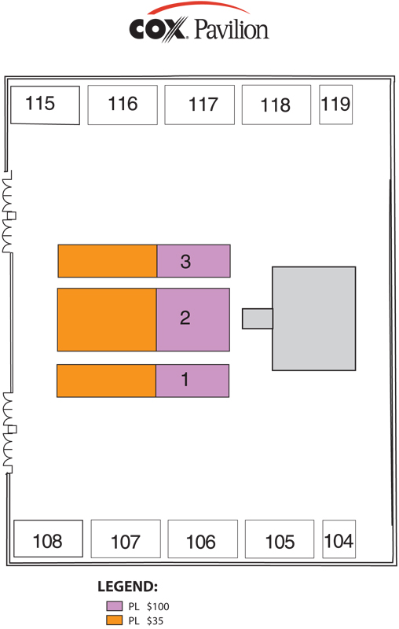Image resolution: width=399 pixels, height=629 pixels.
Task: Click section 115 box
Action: pos(45,105)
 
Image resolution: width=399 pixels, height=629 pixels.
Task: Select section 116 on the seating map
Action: pos(123,105)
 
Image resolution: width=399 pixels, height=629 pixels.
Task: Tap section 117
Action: pos(199,105)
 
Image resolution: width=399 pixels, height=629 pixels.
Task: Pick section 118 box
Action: pos(276,105)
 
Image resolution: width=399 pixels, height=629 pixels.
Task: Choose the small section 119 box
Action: pos(335,105)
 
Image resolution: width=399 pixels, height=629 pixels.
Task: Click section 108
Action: pos(49,539)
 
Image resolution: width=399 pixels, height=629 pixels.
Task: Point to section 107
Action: pos(126,539)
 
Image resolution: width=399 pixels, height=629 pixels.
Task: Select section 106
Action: pos(203,539)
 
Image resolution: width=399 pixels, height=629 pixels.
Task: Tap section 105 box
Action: pos(280,539)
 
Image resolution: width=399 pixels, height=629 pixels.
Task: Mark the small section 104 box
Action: pos(339,539)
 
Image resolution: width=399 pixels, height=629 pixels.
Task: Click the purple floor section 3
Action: pos(193,261)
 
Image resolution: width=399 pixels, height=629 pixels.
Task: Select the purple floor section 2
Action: pos(193,320)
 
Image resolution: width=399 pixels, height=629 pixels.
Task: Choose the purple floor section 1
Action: pos(192,381)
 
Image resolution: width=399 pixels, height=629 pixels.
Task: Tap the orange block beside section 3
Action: pos(108,261)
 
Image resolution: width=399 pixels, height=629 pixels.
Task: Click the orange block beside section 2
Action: pos(107,320)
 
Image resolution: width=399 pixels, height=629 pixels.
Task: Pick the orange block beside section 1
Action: pos(106,381)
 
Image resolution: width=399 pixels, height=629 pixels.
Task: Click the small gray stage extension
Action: pos(258,318)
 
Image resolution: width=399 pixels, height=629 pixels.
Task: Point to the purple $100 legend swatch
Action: pos(114,605)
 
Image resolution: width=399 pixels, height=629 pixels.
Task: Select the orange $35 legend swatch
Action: pos(114,620)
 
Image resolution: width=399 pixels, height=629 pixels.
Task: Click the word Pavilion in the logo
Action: pos(232,30)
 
